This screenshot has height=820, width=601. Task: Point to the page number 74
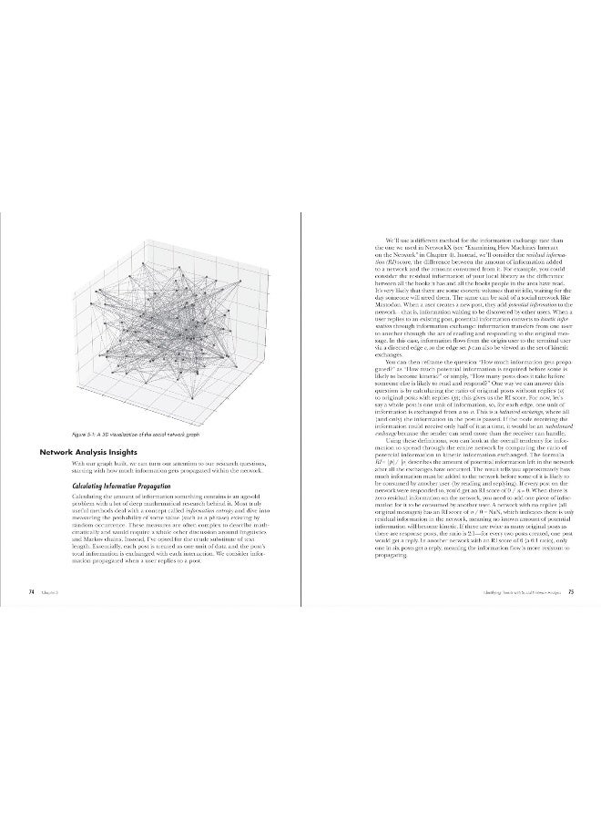[x=31, y=590]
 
